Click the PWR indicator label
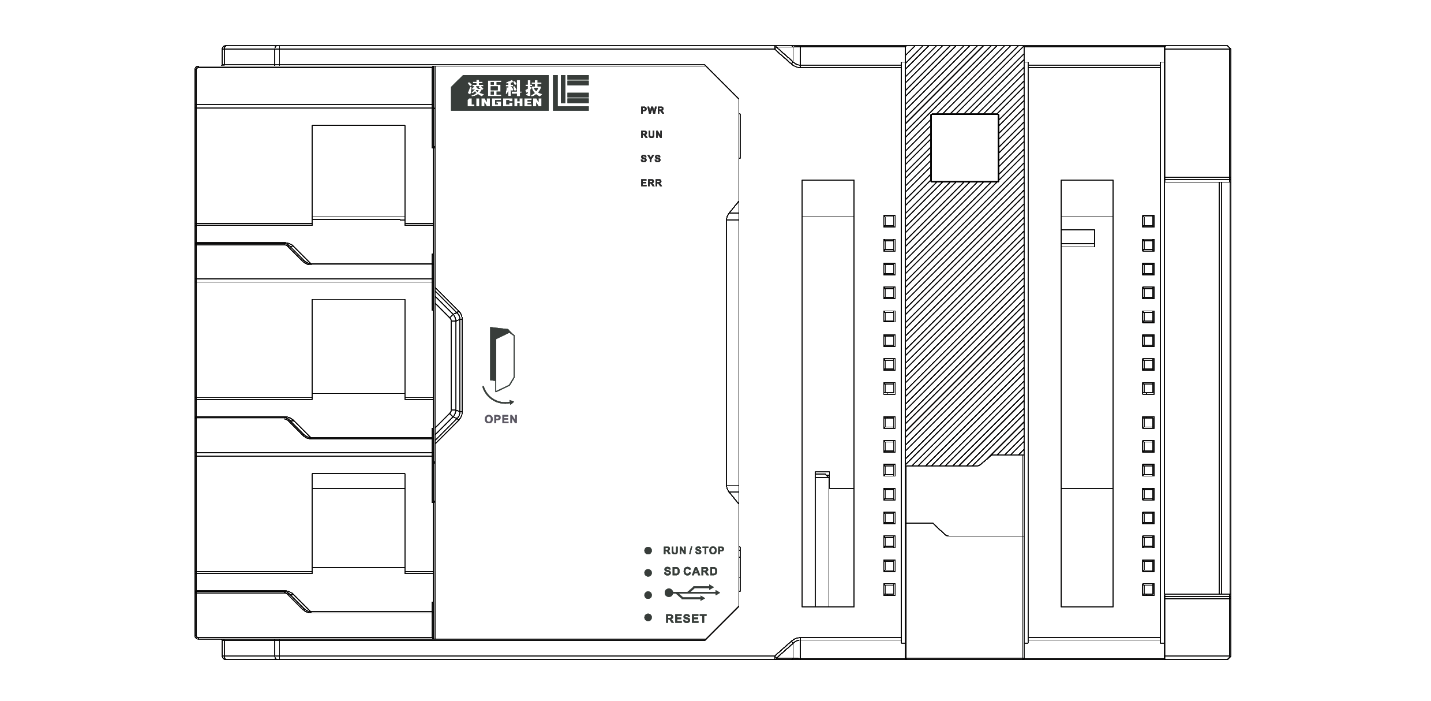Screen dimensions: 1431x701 coord(652,110)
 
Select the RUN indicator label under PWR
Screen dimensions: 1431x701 coord(651,135)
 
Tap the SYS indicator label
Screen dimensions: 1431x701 coord(651,159)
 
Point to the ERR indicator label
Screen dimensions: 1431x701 coord(651,183)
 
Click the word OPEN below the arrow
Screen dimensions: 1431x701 coord(501,419)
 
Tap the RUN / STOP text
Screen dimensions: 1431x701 coord(694,550)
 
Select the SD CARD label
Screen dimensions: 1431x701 coord(691,572)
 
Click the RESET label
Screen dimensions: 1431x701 coord(686,618)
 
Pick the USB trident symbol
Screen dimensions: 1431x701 coord(692,593)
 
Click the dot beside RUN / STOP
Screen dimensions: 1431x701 coord(648,551)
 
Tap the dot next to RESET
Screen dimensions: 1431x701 coord(648,618)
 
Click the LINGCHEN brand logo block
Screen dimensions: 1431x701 coord(500,93)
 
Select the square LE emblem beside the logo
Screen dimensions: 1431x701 coord(571,92)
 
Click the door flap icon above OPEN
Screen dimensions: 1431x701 coord(502,359)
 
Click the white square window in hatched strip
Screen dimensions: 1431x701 coord(965,148)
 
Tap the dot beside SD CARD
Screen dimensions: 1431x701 coord(648,573)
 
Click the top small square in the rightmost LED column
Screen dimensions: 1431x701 coord(1148,221)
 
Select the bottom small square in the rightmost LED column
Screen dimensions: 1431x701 coord(1148,590)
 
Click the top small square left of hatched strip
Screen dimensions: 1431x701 coord(889,221)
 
